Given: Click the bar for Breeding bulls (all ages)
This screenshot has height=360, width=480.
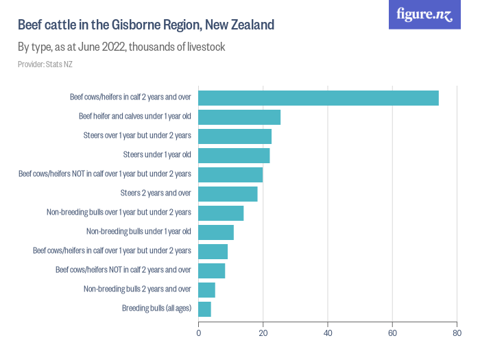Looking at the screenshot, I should [x=204, y=309].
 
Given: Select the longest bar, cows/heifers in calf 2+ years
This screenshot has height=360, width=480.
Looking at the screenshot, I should [x=318, y=98].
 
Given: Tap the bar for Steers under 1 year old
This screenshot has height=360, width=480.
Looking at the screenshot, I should [x=234, y=156].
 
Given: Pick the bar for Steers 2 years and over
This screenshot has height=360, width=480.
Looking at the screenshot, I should [x=228, y=194].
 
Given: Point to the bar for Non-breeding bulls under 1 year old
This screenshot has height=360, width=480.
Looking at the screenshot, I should [x=216, y=232].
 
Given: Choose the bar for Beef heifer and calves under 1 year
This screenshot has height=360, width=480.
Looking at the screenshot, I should [x=239, y=117].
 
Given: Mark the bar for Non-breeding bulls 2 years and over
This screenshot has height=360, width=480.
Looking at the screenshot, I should [x=206, y=290].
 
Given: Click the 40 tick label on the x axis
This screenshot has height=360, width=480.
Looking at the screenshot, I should [x=328, y=334].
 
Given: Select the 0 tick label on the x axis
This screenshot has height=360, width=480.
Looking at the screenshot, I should [x=199, y=334].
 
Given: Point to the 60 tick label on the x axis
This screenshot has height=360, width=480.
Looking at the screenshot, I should [x=392, y=334].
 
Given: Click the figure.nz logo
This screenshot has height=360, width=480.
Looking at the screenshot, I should [x=424, y=14].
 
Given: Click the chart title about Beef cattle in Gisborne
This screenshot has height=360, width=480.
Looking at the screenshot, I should [x=146, y=25].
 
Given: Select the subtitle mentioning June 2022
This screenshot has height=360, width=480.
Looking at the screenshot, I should [x=121, y=48].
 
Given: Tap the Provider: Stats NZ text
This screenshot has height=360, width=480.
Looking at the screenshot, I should [x=45, y=64].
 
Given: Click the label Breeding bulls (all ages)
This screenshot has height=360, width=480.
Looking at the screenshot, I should [x=156, y=309].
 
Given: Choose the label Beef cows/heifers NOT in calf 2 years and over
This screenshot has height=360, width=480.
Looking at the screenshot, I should [x=123, y=270].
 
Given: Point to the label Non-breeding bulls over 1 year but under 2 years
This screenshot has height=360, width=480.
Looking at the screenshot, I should [x=119, y=213].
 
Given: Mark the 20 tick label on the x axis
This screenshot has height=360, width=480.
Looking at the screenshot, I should [x=263, y=334].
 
